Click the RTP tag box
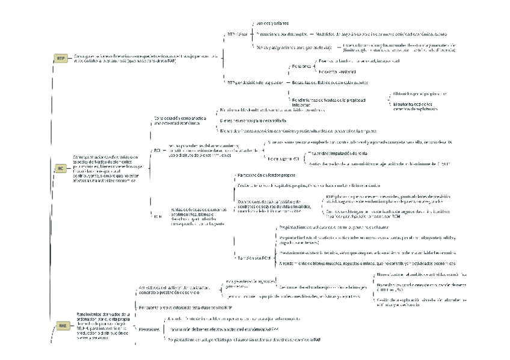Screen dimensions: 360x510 pyautogui.click(x=61, y=58)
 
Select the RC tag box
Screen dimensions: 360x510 pyautogui.click(x=60, y=169)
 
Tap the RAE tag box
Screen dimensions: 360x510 pyautogui.click(x=62, y=325)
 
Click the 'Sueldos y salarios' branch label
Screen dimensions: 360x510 pyautogui.click(x=272, y=22)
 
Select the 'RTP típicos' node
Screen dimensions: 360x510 pyautogui.click(x=237, y=34)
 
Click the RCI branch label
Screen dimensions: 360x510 pyautogui.click(x=157, y=150)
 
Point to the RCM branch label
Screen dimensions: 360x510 pyautogui.click(x=158, y=216)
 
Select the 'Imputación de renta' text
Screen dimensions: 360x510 pyautogui.click(x=336, y=153)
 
